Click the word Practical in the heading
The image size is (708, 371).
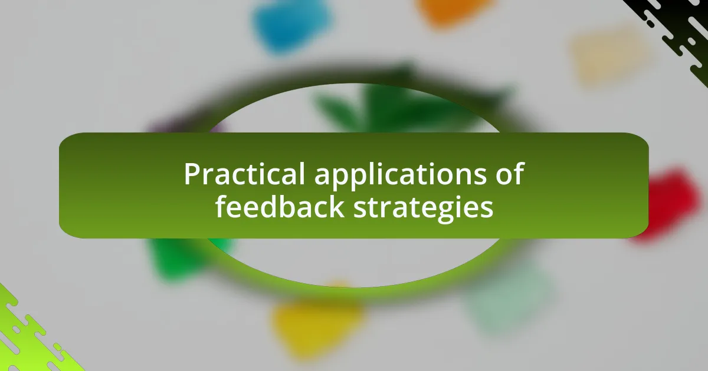pos(244,174)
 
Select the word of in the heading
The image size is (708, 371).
pos(510,173)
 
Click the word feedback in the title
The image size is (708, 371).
pos(280,207)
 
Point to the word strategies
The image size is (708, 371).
pos(423,209)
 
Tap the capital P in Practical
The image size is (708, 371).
pos(192,174)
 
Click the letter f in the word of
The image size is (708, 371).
pos(519,173)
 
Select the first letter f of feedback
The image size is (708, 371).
pos(221,206)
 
